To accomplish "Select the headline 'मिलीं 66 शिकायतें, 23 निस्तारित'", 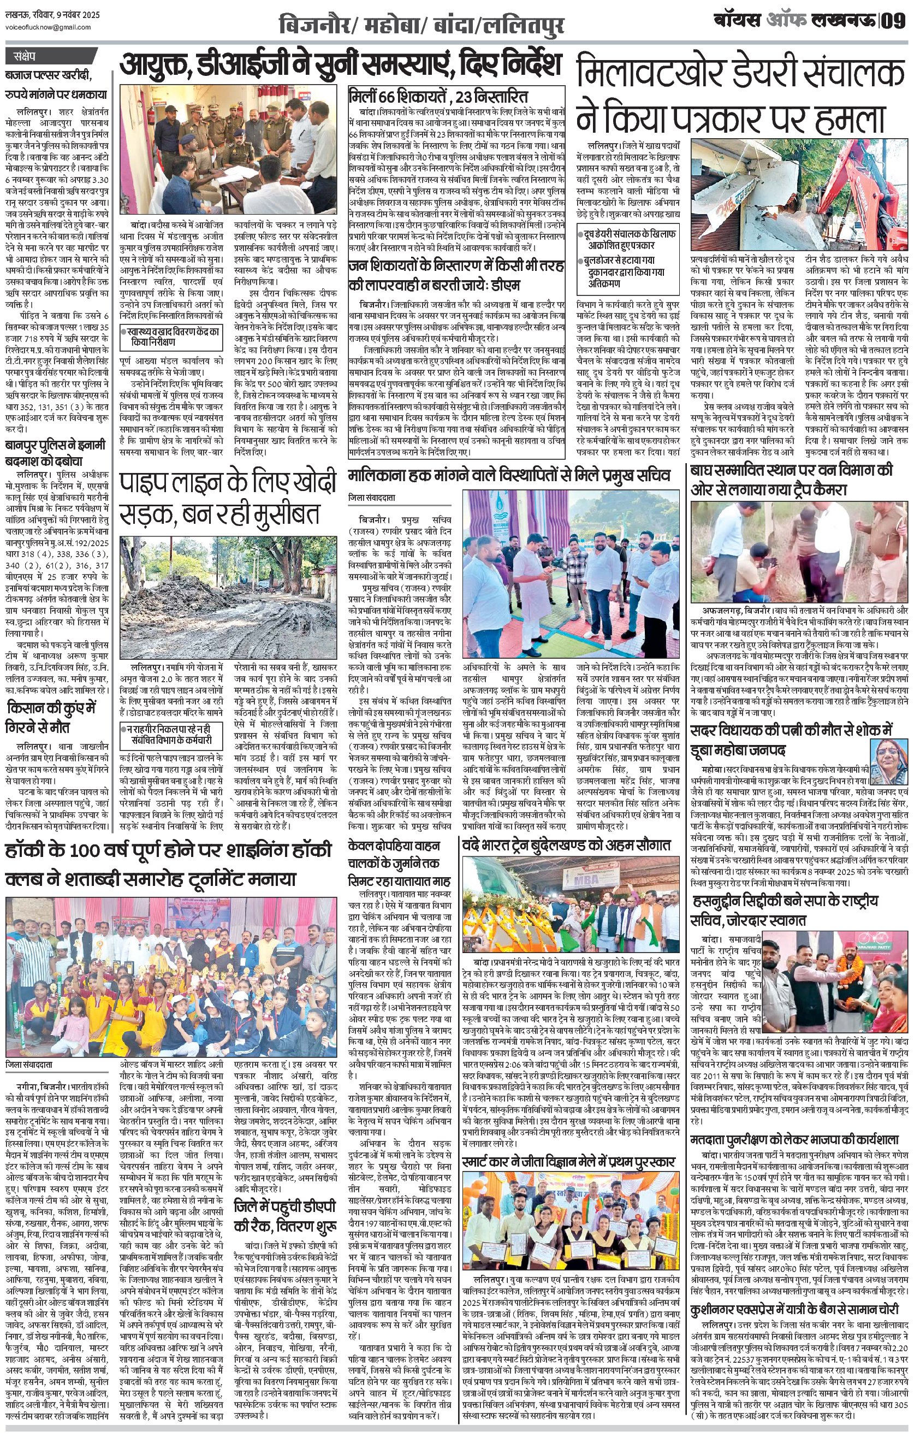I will coord(438,96).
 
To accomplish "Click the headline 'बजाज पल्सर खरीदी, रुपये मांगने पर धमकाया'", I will coord(58,85).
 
